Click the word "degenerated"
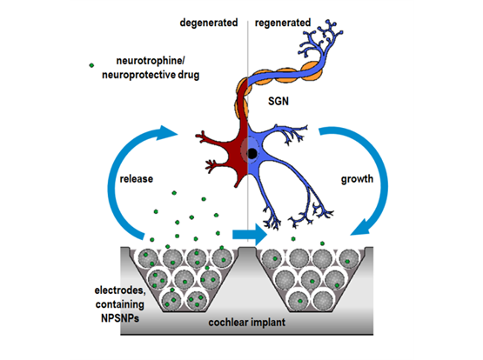pyautogui.click(x=209, y=23)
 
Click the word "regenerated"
pyautogui.click(x=283, y=23)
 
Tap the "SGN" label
pyautogui.click(x=278, y=101)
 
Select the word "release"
pyautogui.click(x=136, y=179)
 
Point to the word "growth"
pyautogui.click(x=357, y=179)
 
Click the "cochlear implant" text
pyautogui.click(x=247, y=323)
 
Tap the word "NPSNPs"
pyautogui.click(x=120, y=318)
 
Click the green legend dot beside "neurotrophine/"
pyautogui.click(x=91, y=65)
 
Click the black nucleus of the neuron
pyautogui.click(x=252, y=154)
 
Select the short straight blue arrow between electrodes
pyautogui.click(x=250, y=235)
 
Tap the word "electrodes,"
pyautogui.click(x=120, y=290)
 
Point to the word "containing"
pyautogui.click(x=120, y=304)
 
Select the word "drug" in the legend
pyautogui.click(x=189, y=75)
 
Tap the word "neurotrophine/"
pyautogui.click(x=151, y=61)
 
